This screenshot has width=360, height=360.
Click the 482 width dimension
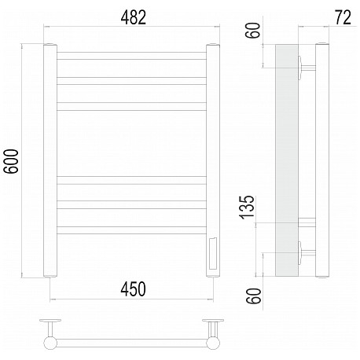coord(133,18)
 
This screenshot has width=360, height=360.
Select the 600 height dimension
coord(11,161)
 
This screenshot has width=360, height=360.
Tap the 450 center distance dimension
coord(133,289)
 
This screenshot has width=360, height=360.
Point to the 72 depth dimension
coord(343,18)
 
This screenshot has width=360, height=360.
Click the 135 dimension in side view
coord(247,208)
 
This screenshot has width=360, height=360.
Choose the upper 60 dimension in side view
coord(254,31)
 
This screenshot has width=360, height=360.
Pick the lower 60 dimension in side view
coord(254,296)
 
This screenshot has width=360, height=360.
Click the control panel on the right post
coord(213,254)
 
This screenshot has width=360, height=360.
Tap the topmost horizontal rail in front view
coord(131,56)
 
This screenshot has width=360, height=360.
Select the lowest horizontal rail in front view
coord(131,230)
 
